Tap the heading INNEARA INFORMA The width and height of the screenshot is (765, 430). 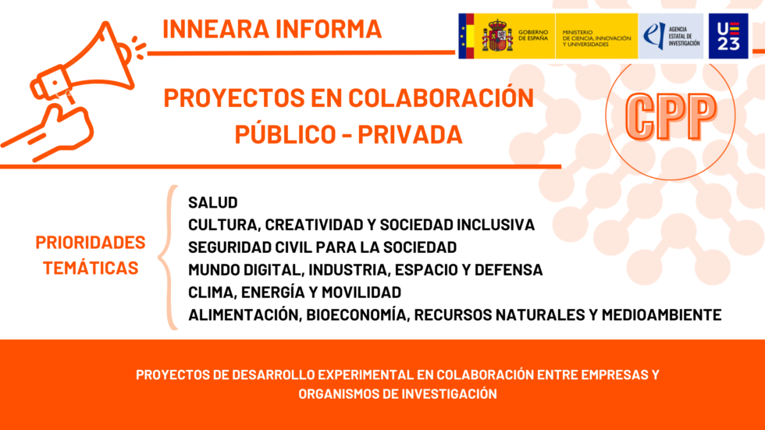(272, 29)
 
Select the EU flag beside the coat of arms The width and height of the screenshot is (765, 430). (467, 36)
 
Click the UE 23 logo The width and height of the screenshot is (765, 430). (728, 36)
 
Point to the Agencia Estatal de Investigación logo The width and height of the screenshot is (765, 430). (671, 36)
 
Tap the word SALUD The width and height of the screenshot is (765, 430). (212, 203)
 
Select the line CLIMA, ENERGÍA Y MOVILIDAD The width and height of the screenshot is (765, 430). (294, 293)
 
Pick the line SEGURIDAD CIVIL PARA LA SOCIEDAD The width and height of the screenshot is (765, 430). (322, 247)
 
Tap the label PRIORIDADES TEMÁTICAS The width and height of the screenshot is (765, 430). (91, 255)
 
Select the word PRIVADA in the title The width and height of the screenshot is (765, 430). (416, 134)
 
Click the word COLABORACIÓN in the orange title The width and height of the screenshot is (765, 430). (441, 98)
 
